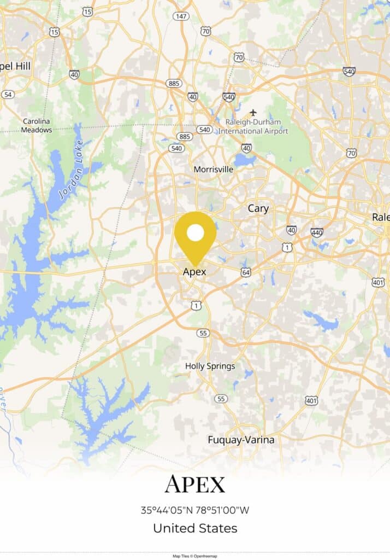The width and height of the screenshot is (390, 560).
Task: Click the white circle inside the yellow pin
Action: pos(195,234)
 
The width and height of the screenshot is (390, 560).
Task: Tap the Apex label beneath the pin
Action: pos(194,272)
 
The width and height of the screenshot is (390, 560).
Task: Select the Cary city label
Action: pos(258,208)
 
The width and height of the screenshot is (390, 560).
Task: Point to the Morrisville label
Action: pos(214,170)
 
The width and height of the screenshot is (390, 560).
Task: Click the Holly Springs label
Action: pos(210,366)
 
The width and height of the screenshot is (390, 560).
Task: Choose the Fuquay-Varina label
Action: pos(241,440)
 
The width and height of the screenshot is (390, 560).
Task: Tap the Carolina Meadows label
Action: pos(37,126)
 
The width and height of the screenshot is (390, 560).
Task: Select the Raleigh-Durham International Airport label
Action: pos(253,126)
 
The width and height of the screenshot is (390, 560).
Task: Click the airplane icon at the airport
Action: pos(253,112)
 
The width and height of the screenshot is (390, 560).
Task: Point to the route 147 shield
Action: pos(181,16)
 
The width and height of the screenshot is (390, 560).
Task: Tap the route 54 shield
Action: pos(8,95)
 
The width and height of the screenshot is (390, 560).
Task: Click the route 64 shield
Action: pos(246,272)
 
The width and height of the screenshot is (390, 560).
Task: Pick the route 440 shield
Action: pos(317,232)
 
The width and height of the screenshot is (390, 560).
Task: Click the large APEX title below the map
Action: pos(195,485)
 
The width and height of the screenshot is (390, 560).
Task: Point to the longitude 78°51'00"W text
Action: pos(223,510)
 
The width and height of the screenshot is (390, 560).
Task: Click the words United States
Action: pos(195,528)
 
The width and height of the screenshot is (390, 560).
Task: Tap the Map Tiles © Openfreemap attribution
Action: pos(195,556)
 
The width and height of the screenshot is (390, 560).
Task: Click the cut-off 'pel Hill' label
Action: pos(15,66)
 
